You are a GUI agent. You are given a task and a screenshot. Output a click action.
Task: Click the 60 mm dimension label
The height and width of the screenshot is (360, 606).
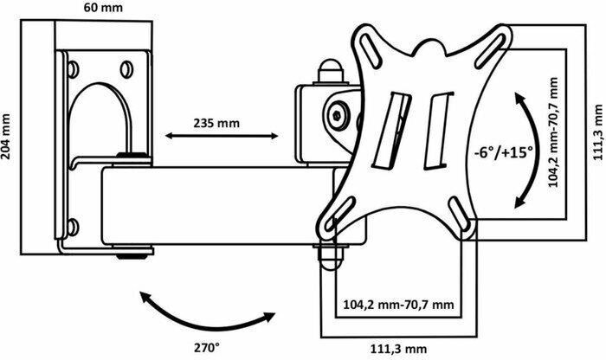click(x=103, y=7)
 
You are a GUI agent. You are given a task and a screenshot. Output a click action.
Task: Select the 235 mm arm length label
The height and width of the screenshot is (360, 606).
click(x=216, y=123)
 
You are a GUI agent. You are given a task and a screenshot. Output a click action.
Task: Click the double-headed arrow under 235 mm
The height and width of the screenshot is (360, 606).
click(x=222, y=136)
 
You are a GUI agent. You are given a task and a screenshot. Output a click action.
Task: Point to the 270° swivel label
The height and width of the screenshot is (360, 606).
click(x=206, y=348)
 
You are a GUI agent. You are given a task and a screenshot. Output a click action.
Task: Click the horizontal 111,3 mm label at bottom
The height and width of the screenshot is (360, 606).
click(x=399, y=350)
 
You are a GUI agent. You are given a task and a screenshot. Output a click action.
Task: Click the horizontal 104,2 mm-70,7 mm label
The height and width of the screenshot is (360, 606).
click(x=399, y=305)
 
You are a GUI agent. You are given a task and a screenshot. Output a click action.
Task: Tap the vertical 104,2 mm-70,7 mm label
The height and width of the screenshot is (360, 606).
click(x=554, y=132)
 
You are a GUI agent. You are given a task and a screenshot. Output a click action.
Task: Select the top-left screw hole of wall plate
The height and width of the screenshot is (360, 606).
click(x=73, y=69)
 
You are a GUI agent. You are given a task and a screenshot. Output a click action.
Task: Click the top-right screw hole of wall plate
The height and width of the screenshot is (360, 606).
click(x=126, y=69)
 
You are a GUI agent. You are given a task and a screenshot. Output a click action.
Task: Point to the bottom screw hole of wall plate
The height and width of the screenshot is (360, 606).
click(x=73, y=227)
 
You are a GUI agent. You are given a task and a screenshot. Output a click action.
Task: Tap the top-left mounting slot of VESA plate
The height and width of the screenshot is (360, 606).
click(x=371, y=48)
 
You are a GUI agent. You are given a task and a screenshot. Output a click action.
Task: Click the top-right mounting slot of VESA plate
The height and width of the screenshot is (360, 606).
click(x=491, y=48)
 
